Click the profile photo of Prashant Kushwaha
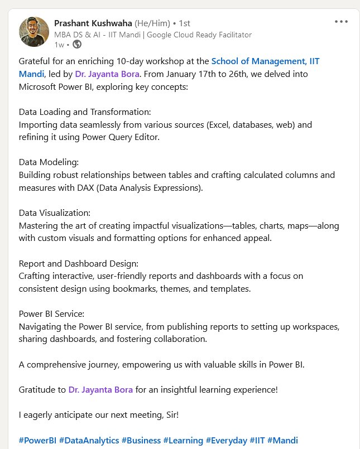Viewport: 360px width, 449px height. click(34, 32)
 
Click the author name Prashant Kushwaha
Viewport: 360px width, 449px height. click(93, 23)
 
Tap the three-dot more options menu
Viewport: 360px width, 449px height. click(341, 22)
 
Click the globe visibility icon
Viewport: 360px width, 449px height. click(76, 45)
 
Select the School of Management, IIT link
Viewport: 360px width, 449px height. click(265, 61)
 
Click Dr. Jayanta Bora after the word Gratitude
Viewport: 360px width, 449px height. click(100, 389)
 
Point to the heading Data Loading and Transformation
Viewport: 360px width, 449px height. click(85, 112)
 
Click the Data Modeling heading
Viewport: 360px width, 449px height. click(49, 162)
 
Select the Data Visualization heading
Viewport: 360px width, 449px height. click(54, 213)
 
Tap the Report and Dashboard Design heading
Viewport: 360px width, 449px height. click(78, 263)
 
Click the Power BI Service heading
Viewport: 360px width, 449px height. click(51, 313)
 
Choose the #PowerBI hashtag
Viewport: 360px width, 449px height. click(37, 440)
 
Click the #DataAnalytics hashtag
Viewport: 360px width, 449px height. click(89, 440)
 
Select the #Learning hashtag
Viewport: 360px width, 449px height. click(183, 440)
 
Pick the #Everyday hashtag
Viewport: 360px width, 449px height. click(227, 440)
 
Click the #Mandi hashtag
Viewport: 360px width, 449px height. click(283, 440)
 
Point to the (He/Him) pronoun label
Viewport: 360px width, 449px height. click(152, 23)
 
